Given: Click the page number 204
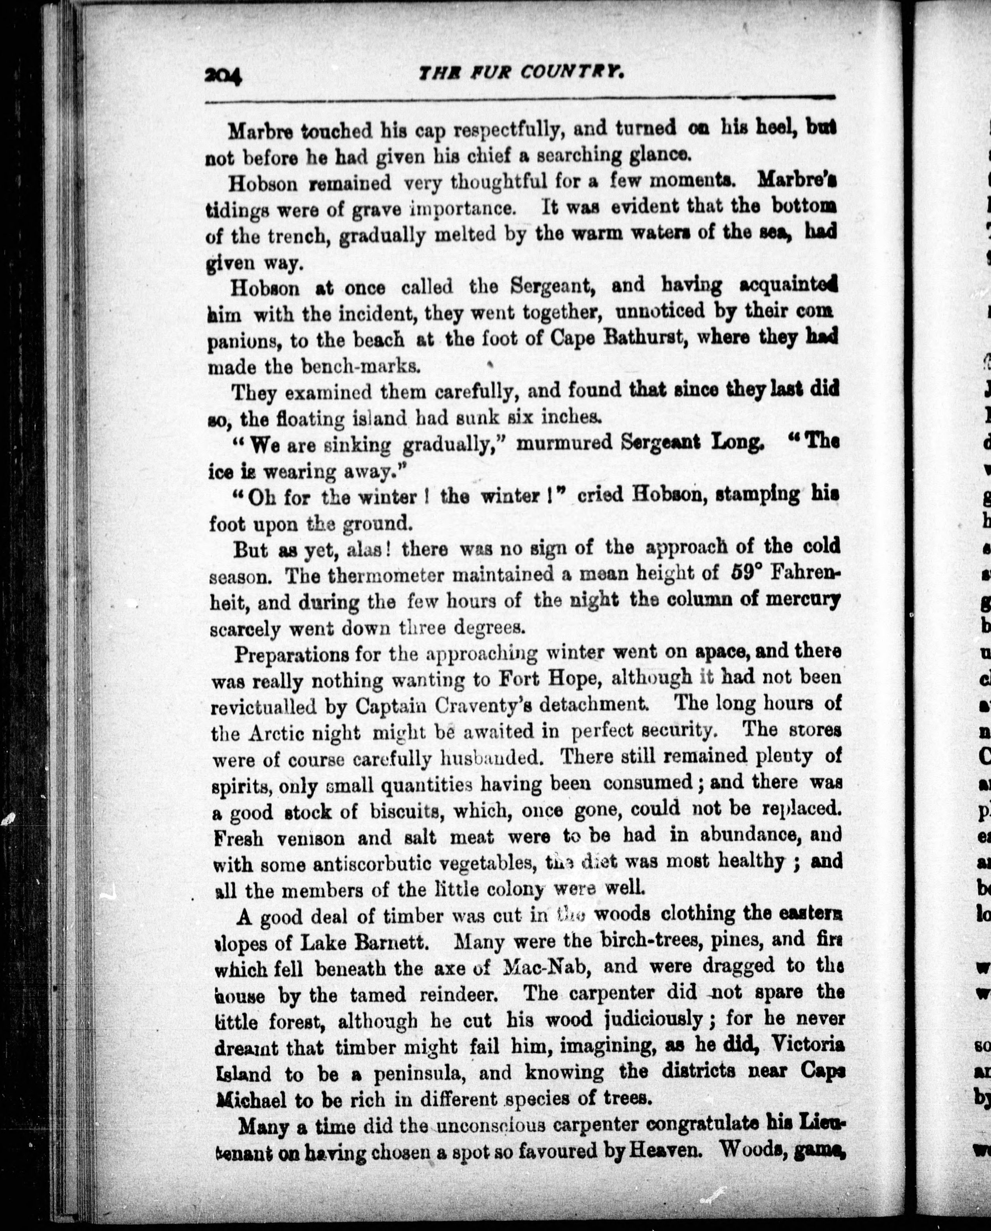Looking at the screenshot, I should [223, 75].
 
